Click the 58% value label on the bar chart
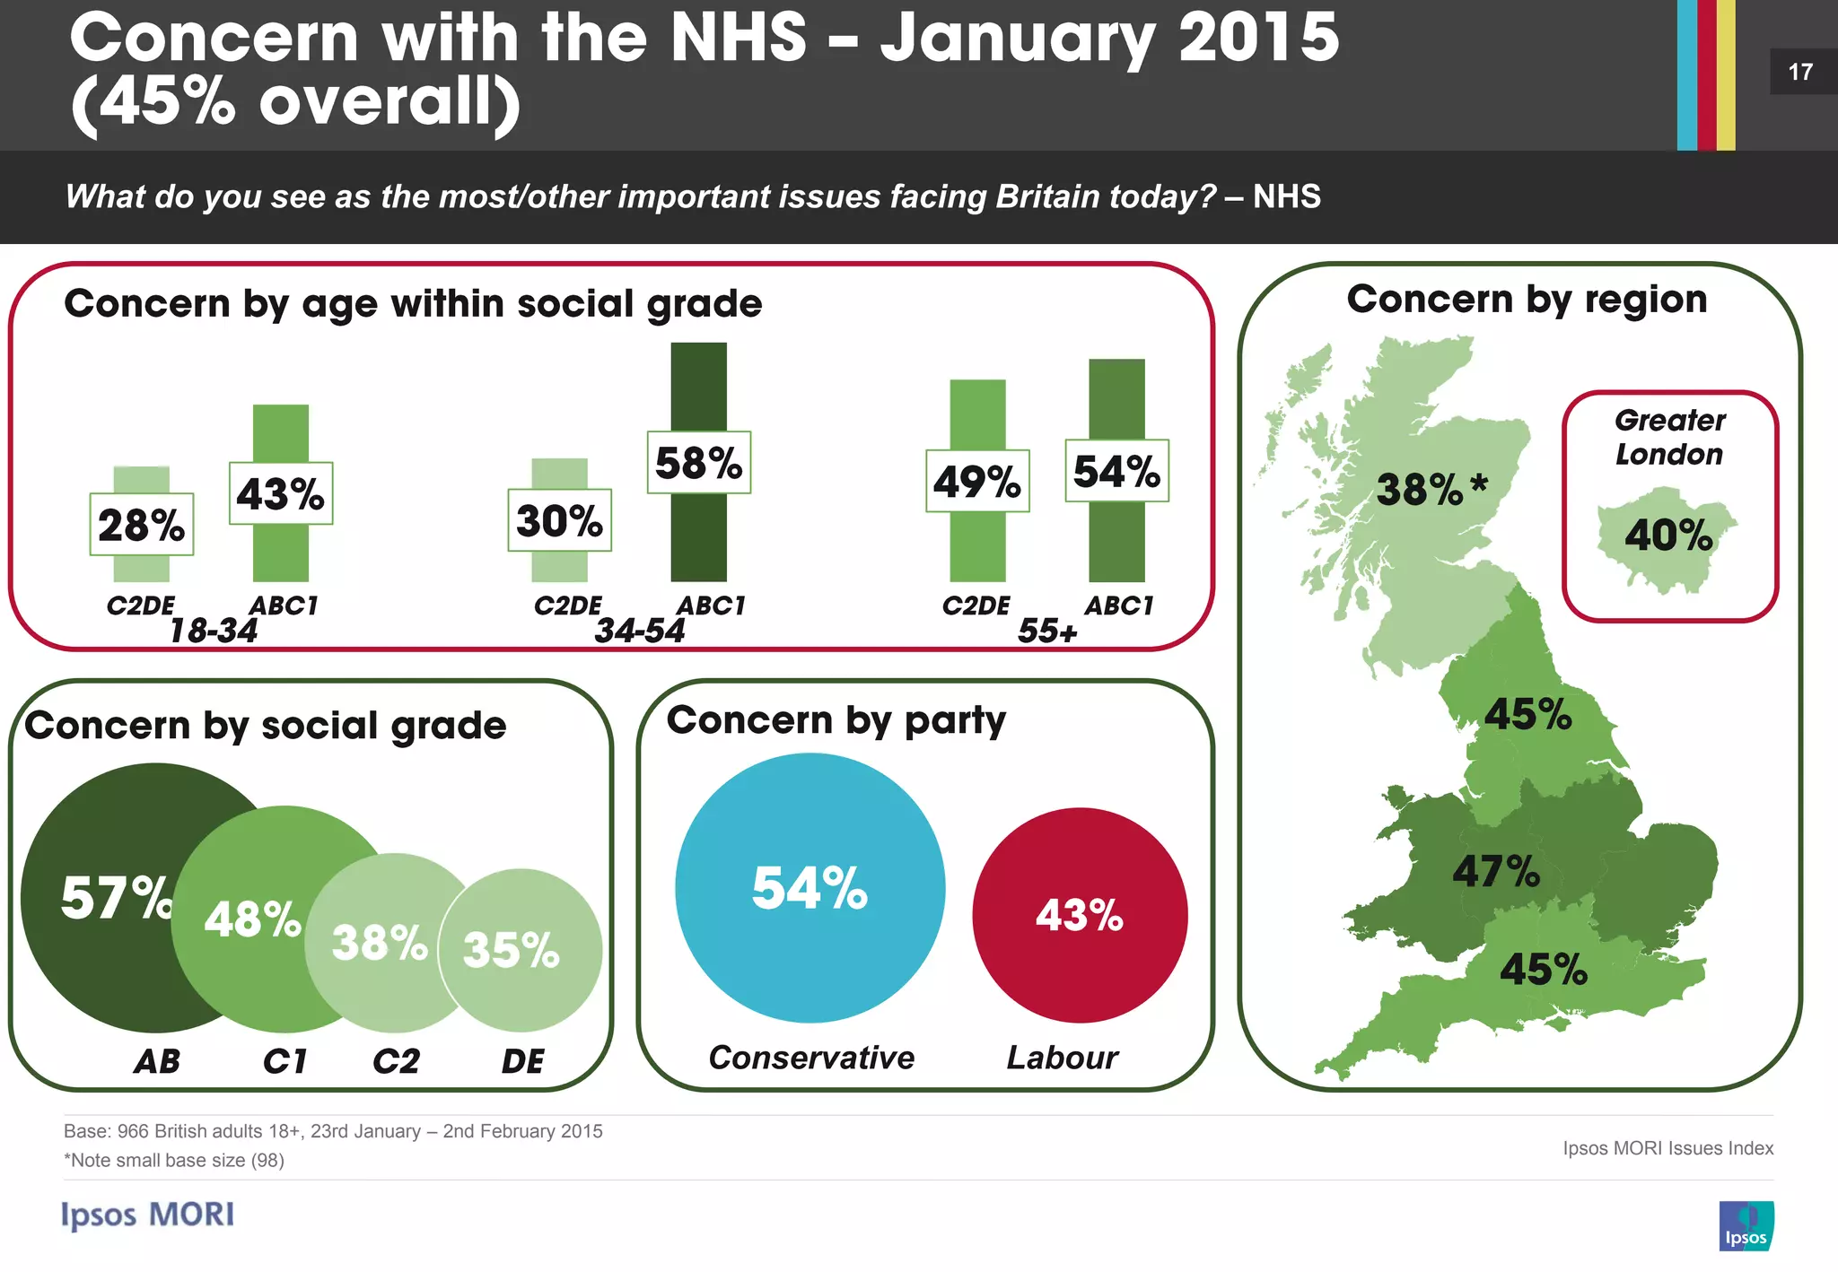coord(698,463)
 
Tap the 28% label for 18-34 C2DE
coord(141,525)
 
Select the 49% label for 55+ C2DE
coord(977,482)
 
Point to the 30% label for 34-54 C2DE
coord(559,520)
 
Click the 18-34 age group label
coord(214,631)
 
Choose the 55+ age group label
coord(1046,631)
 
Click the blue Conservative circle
coord(810,887)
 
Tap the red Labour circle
coord(1080,915)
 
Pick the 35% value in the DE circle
coord(511,949)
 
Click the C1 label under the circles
coord(284,1061)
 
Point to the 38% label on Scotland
coord(1421,490)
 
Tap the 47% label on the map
coord(1496,871)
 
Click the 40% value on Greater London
coord(1668,536)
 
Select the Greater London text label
coord(1669,437)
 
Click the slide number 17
coord(1800,72)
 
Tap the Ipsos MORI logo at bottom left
coord(148,1215)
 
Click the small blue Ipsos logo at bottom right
coord(1746,1225)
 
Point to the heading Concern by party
coord(836,720)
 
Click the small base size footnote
coord(174,1160)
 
